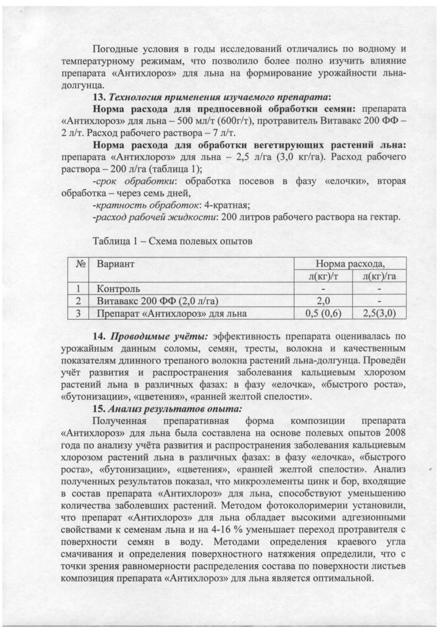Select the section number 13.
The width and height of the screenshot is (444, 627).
[x=99, y=98]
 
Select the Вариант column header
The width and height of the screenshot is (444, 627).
[x=116, y=264]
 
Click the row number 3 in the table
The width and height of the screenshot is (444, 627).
[x=78, y=313]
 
